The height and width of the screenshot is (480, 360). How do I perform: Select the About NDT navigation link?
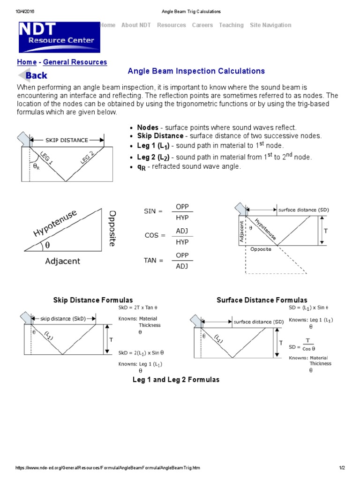[136, 25]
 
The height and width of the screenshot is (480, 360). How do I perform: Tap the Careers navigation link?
[202, 25]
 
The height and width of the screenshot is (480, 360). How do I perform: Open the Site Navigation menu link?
[270, 25]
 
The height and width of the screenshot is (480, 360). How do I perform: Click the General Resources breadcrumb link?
[75, 62]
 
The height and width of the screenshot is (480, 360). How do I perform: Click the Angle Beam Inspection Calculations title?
[196, 71]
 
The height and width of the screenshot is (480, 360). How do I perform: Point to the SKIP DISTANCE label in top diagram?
[67, 140]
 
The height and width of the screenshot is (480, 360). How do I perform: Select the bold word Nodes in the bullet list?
[148, 127]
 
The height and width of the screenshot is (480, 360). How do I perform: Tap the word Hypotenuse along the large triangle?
[55, 224]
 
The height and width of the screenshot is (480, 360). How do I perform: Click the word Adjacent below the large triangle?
[62, 261]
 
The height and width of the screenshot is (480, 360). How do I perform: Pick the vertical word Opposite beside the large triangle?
[112, 228]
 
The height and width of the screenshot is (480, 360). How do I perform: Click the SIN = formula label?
[153, 211]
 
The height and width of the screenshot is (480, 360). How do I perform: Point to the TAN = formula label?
[153, 260]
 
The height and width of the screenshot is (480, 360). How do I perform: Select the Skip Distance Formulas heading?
[93, 300]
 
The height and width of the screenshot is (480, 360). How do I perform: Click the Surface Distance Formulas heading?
[262, 300]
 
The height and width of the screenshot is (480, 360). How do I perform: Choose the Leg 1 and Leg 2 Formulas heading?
[176, 380]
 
